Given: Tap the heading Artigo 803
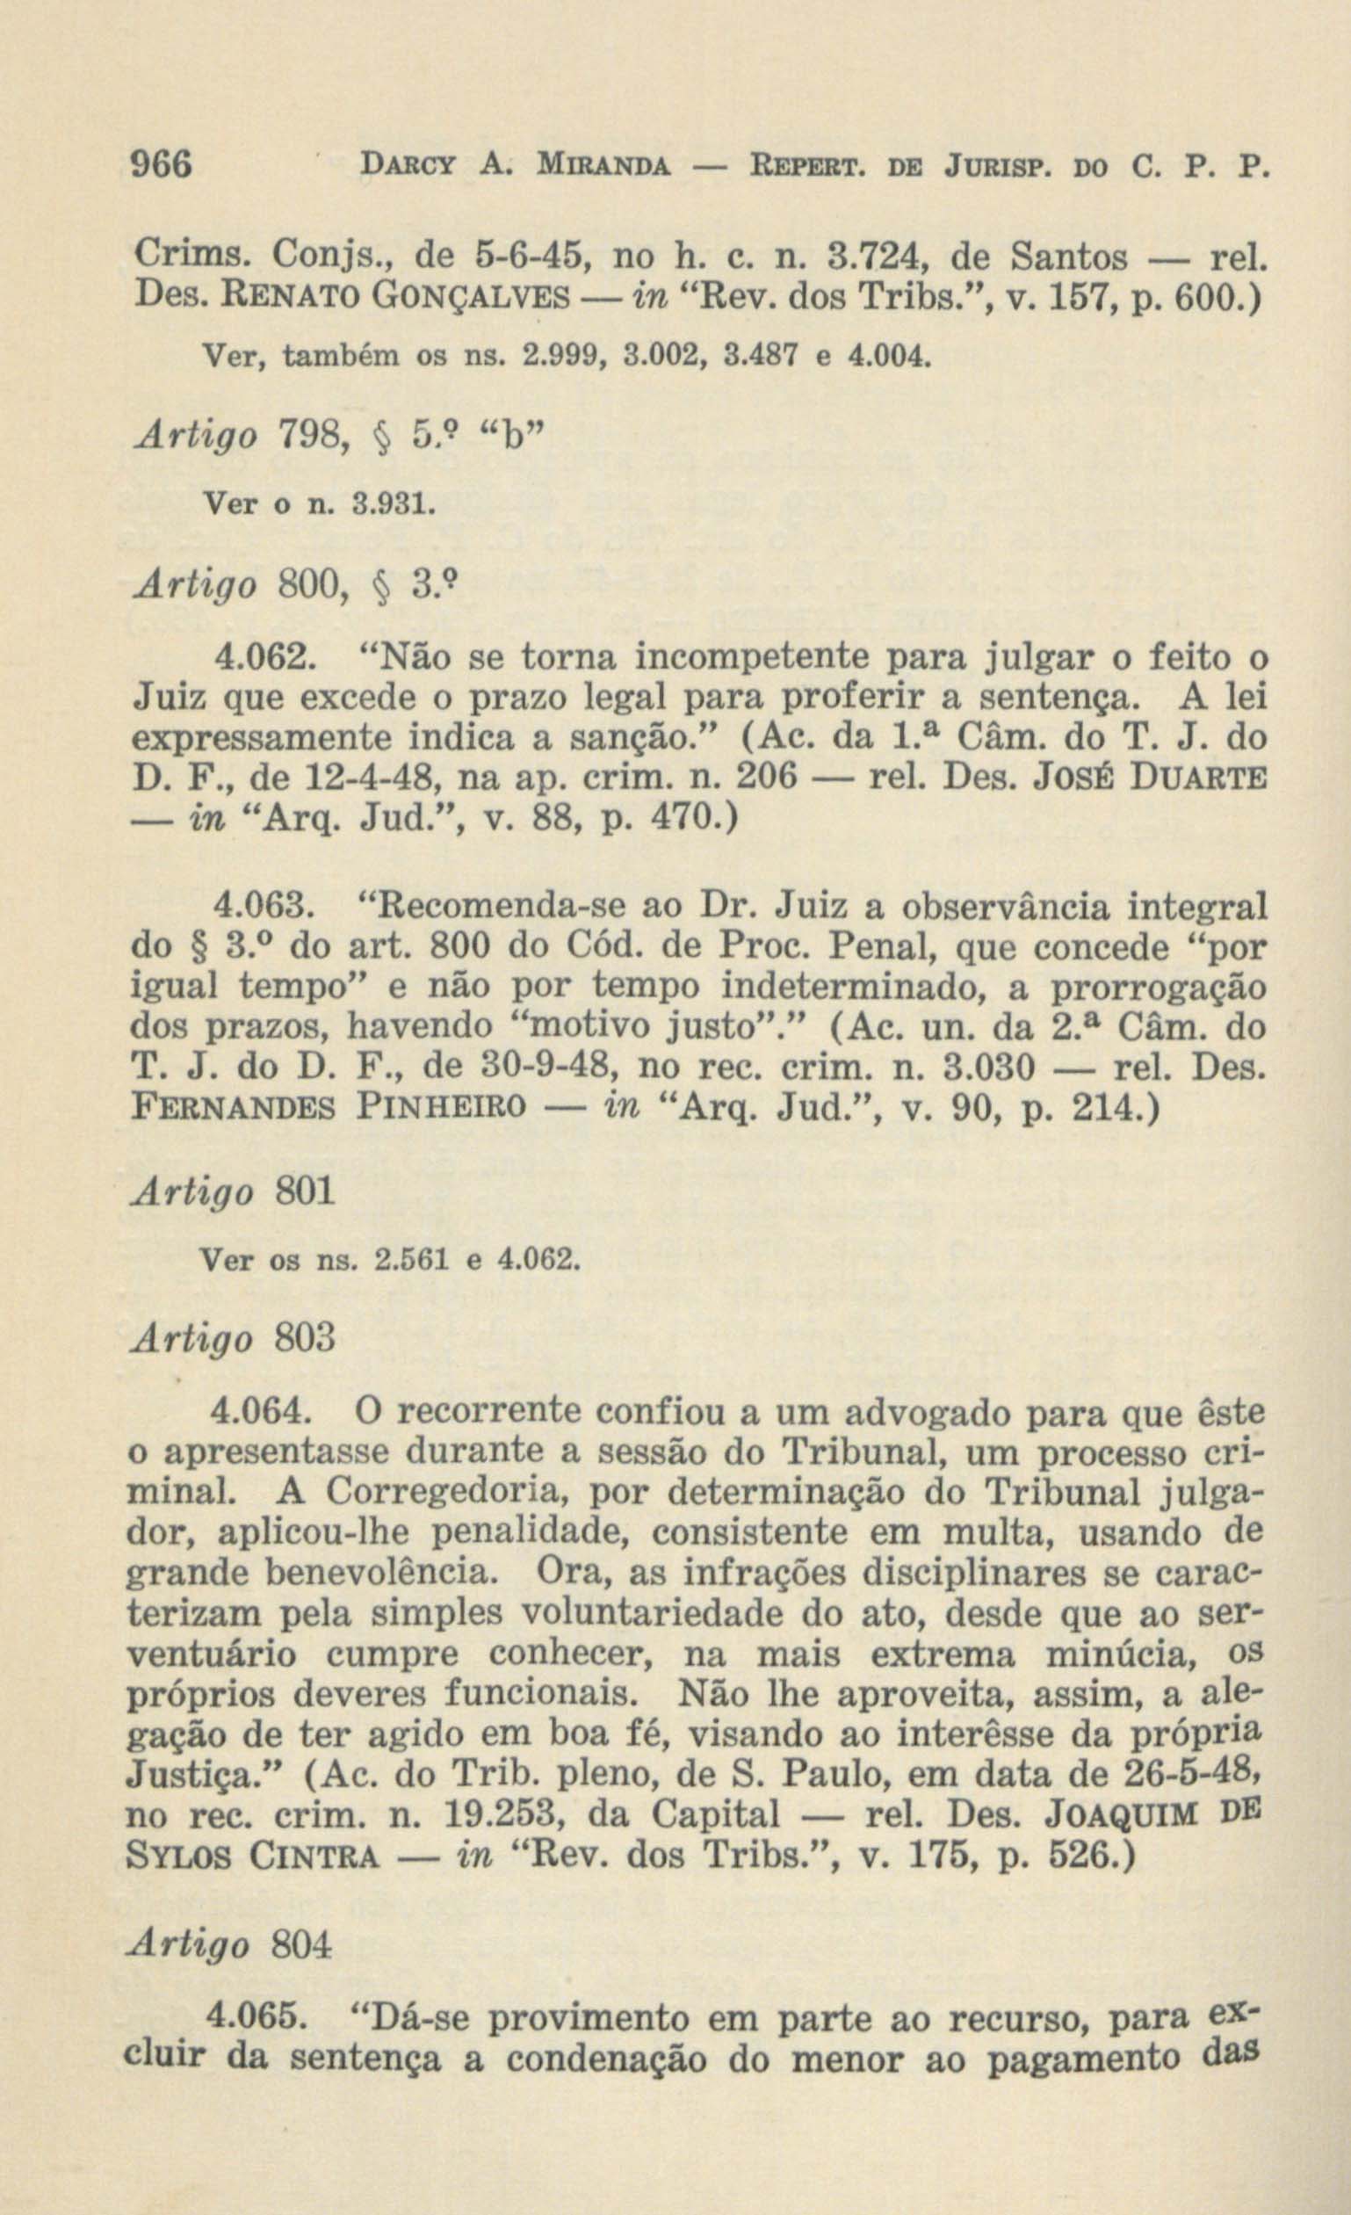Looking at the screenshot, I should [233, 1337].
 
